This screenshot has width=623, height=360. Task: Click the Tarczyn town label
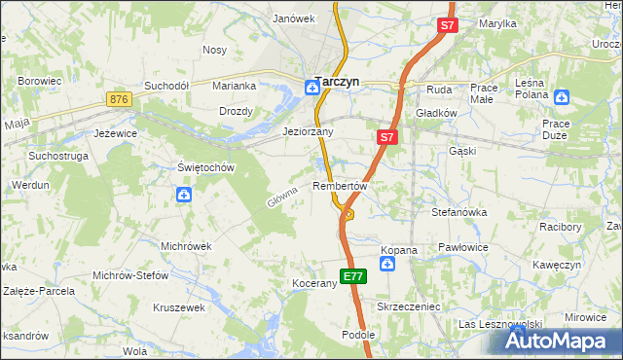click(x=337, y=84)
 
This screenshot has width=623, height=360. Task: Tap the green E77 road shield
click(x=353, y=276)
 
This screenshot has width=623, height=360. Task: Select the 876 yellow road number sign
click(x=120, y=99)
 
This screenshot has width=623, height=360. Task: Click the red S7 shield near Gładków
click(x=386, y=138)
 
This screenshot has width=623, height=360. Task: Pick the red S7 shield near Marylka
click(x=447, y=27)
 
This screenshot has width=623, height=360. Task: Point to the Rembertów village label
click(x=340, y=186)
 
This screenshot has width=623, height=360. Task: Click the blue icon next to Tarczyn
click(x=311, y=86)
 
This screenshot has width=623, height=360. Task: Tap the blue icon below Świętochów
click(x=184, y=196)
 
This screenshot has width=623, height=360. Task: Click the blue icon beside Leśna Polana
click(x=562, y=96)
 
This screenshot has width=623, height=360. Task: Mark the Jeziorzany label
click(x=308, y=131)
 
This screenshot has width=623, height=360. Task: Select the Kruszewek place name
click(x=178, y=307)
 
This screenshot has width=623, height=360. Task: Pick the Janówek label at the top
click(x=294, y=18)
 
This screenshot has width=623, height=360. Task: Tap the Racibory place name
click(x=560, y=227)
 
